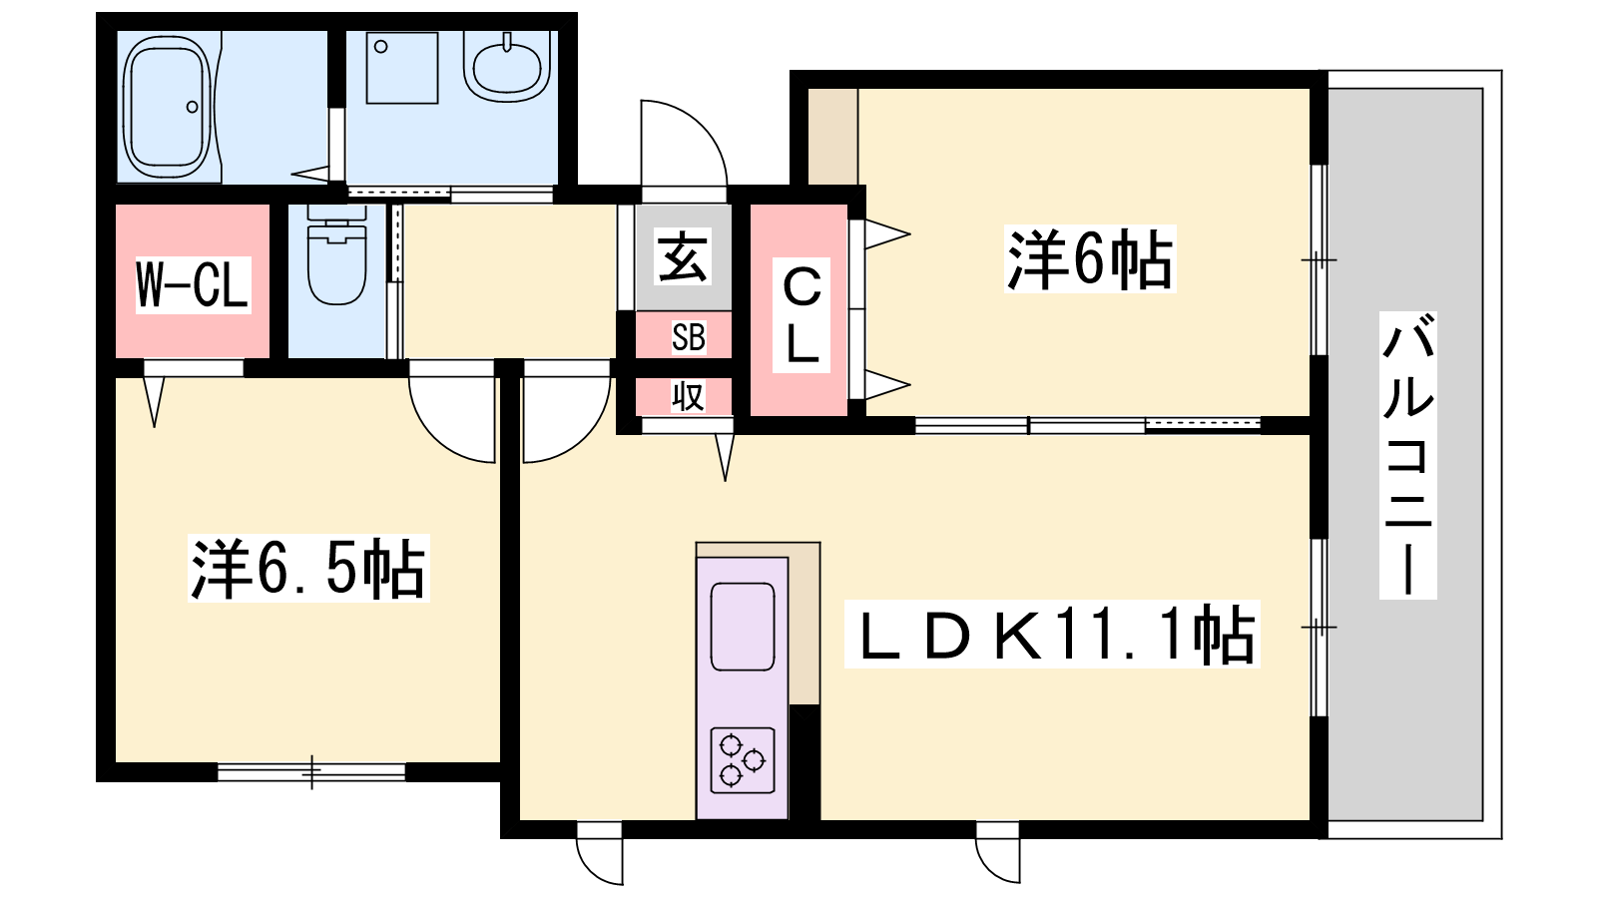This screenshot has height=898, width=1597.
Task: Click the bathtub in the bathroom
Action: coord(169,108)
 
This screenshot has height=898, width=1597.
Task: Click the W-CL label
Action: coord(194,285)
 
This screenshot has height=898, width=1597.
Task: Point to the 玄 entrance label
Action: coord(683,256)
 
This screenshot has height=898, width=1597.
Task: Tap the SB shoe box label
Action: coord(688,337)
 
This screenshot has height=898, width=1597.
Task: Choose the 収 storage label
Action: coord(688,396)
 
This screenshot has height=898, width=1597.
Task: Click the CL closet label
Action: coord(802,314)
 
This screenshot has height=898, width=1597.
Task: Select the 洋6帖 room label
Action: coord(1089,259)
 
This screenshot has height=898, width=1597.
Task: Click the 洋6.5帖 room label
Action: coord(308,568)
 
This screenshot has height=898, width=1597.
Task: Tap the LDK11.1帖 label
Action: coord(1052,634)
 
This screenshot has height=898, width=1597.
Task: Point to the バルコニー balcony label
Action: coord(1407,455)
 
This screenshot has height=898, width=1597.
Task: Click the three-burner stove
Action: coord(743,759)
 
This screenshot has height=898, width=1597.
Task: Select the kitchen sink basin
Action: coord(743,627)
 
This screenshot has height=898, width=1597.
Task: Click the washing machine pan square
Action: coord(402,68)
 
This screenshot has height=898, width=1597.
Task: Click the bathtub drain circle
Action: coord(192,107)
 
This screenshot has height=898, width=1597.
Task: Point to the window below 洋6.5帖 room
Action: coord(311,771)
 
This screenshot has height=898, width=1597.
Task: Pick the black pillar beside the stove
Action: coord(804,762)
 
